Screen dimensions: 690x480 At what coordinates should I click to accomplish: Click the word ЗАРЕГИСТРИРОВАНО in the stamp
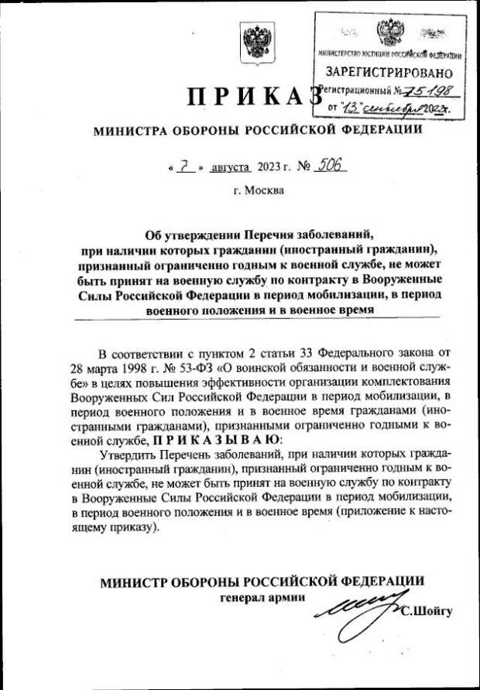click(x=389, y=74)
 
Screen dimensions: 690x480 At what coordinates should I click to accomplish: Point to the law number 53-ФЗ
click(x=190, y=365)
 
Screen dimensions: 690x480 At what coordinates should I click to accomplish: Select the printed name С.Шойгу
click(x=427, y=612)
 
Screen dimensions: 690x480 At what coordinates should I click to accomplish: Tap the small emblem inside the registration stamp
click(x=389, y=33)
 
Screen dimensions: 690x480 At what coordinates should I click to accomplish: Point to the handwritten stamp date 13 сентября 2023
click(x=397, y=109)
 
